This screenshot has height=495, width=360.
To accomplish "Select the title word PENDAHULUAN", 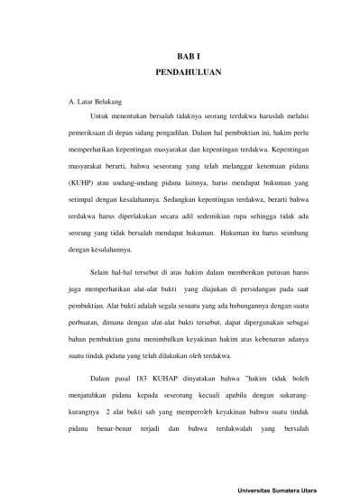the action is pyautogui.click(x=180, y=69).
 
